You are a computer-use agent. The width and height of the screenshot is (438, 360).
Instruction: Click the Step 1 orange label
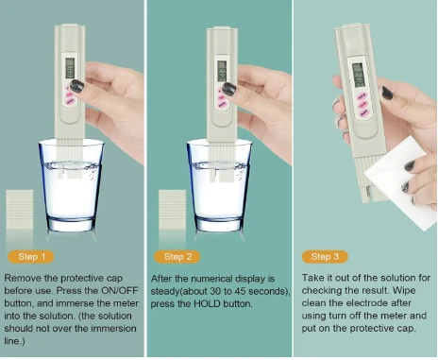point(31,257)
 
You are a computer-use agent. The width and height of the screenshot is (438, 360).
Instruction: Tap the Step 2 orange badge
point(177,257)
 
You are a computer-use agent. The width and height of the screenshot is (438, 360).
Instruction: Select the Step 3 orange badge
point(325,257)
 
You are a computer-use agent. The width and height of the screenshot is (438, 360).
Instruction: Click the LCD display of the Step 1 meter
point(70,68)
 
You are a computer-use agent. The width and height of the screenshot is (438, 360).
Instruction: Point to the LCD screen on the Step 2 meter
point(222,71)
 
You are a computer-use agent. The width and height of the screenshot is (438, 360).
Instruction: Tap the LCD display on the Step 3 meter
point(359,76)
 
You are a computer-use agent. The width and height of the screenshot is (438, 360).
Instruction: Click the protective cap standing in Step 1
point(20,209)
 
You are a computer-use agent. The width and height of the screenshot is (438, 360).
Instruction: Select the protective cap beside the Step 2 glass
point(172,209)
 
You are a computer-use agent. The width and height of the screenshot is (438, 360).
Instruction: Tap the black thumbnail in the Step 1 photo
point(76,86)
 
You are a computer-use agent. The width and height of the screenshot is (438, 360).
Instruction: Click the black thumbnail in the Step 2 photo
point(229,89)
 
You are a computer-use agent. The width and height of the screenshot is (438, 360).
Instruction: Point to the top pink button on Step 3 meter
point(362,95)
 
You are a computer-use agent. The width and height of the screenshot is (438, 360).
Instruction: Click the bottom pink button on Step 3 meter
point(364,112)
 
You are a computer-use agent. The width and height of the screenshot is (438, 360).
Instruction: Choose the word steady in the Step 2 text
point(165,291)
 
